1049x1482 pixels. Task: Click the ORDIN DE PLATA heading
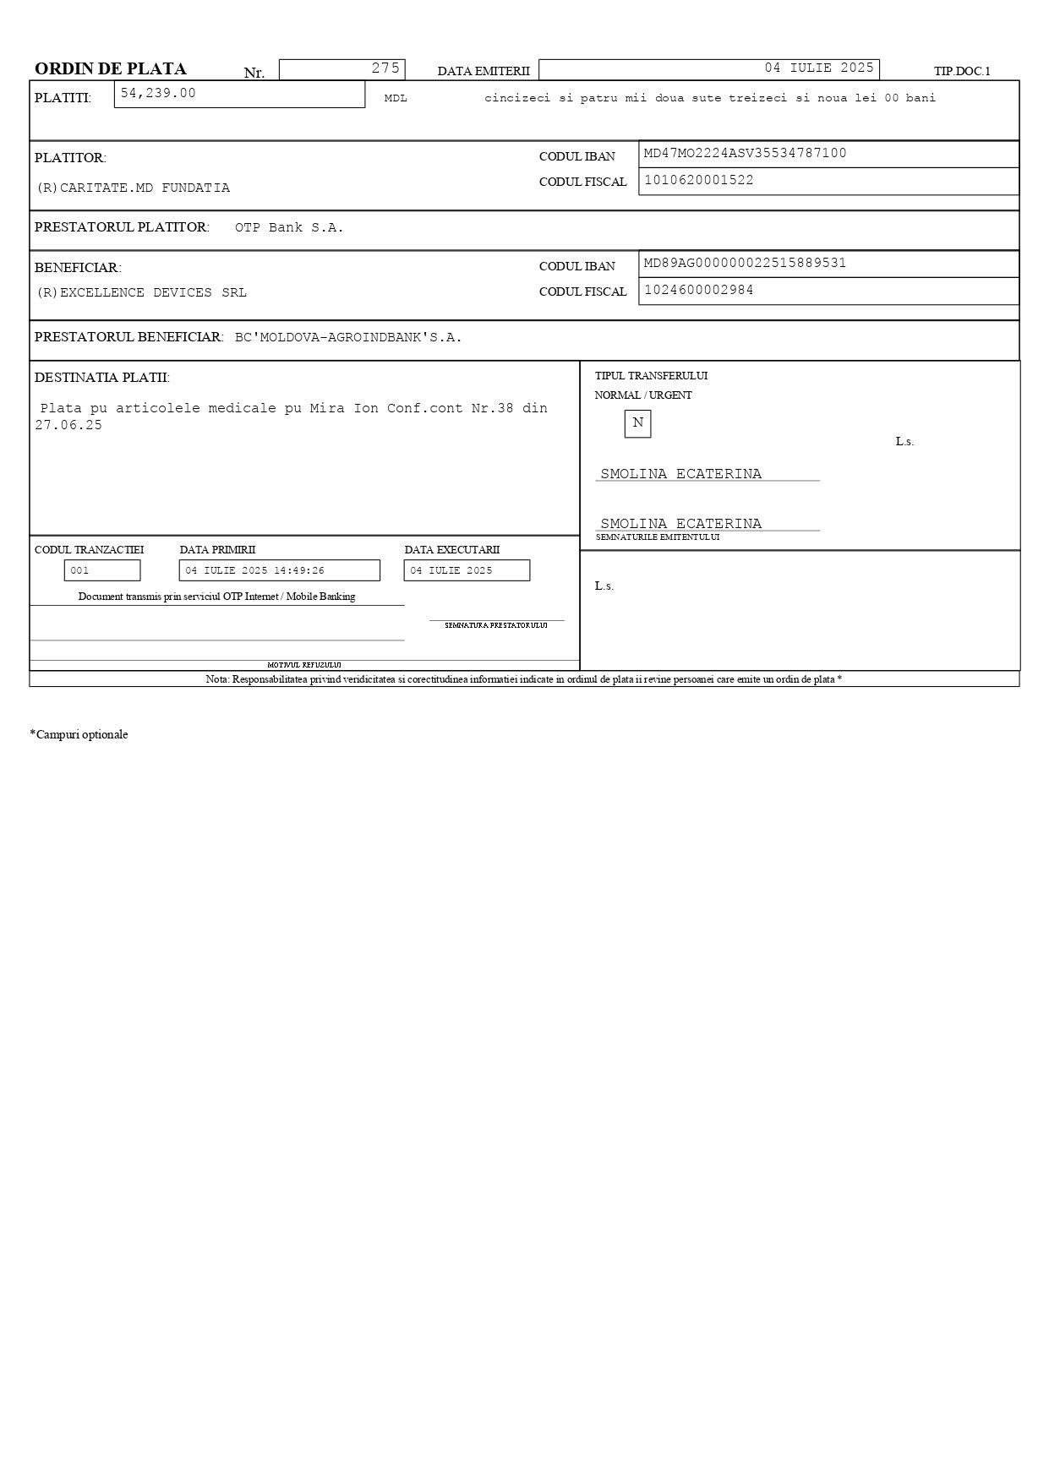(x=110, y=69)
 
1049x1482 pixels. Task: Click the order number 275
(x=385, y=68)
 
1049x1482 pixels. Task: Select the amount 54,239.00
(x=158, y=93)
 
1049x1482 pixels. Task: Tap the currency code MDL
(x=396, y=99)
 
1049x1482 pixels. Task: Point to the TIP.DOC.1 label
(x=962, y=72)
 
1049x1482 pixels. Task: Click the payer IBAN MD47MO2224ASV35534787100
(x=745, y=154)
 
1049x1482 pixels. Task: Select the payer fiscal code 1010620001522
(x=698, y=180)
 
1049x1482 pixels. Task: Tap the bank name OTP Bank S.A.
(x=289, y=228)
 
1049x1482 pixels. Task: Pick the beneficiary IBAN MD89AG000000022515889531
(x=745, y=264)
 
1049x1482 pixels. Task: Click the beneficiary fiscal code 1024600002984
(x=698, y=290)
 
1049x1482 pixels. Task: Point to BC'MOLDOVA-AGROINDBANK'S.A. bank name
(x=348, y=338)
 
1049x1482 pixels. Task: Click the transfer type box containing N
(x=637, y=423)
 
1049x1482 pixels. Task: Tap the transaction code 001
(x=79, y=571)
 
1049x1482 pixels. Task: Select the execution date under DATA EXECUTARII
(x=451, y=571)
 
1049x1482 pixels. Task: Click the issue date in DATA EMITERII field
(x=819, y=68)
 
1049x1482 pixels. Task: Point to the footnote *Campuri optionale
(x=79, y=735)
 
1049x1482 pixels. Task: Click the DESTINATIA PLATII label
(x=101, y=378)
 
